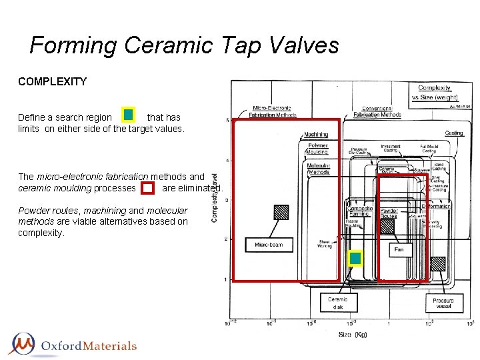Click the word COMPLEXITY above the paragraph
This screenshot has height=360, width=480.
(x=53, y=81)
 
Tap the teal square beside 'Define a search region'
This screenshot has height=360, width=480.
(x=128, y=115)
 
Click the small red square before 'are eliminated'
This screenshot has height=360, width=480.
(x=148, y=188)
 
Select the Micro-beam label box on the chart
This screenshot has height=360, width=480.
(x=269, y=245)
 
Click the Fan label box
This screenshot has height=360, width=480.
(x=399, y=249)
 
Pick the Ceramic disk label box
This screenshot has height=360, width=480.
(x=337, y=303)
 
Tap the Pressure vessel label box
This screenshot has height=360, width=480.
(x=443, y=303)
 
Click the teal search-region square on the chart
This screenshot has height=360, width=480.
(x=355, y=258)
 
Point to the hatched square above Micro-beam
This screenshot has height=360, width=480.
(x=281, y=212)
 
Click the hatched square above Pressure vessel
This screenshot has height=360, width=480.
(x=437, y=263)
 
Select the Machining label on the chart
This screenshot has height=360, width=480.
(x=317, y=135)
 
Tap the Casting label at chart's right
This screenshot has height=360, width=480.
(x=453, y=133)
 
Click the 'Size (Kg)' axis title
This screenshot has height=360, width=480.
(x=353, y=334)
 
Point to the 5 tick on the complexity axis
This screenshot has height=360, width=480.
(x=227, y=121)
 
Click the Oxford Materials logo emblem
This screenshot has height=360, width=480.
(x=23, y=345)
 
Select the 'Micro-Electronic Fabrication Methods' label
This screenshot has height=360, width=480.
(x=273, y=111)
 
